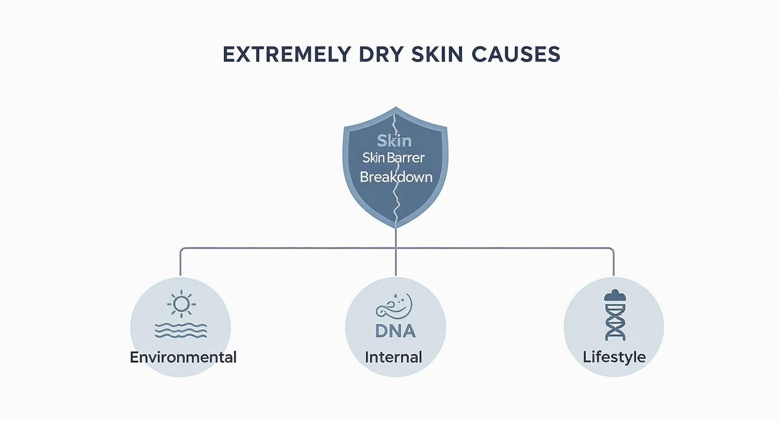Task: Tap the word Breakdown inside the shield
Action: pos(396,177)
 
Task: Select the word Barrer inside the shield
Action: pos(410,158)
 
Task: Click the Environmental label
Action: pos(183,357)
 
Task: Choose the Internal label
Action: pos(393,357)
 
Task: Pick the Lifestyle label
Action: pos(614,357)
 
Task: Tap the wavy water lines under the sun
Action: pos(181,331)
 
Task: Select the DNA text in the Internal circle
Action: pos(395,331)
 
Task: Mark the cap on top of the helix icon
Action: pos(614,295)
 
